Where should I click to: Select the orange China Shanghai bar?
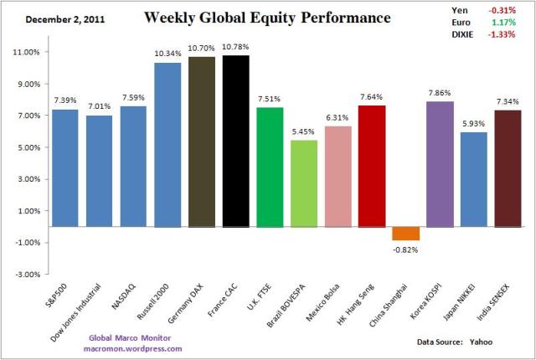[406, 234]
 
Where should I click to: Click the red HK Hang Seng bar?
[372, 166]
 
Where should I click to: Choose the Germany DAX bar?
[202, 141]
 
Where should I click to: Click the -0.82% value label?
[406, 250]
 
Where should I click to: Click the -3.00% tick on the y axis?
[28, 274]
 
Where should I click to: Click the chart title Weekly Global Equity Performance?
[255, 17]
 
